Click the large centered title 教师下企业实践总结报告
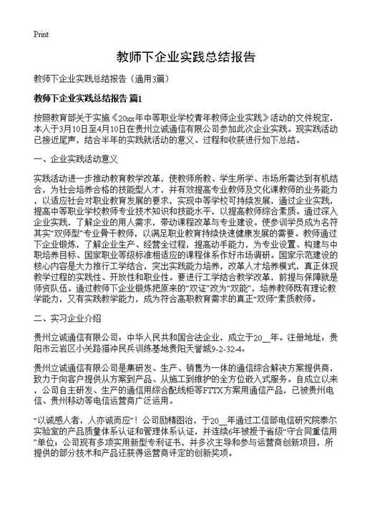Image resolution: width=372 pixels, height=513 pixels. click(185, 56)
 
